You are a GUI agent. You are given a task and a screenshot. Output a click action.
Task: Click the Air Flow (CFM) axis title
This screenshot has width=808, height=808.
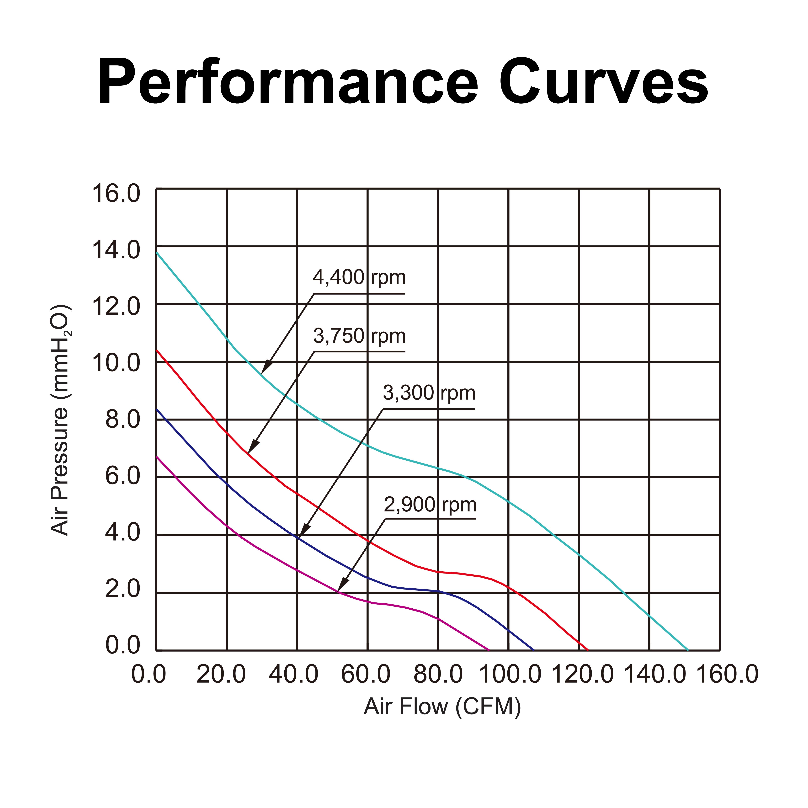pos(442,706)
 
